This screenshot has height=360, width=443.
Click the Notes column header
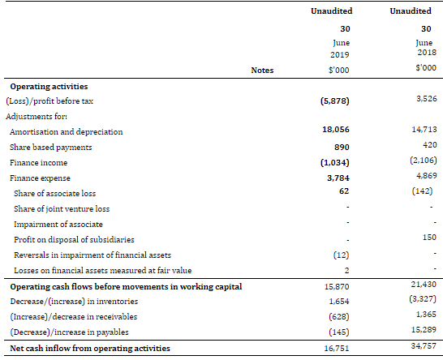[x=262, y=70]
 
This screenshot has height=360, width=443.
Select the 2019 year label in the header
[x=340, y=54]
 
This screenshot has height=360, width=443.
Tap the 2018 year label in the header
[x=427, y=52]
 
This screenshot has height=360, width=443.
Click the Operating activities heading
[x=49, y=87]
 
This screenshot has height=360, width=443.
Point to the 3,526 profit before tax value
[x=427, y=99]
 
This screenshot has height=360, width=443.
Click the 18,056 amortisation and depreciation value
[x=336, y=129]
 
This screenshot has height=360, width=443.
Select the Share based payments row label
[x=51, y=147]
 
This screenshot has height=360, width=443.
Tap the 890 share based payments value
[x=342, y=147]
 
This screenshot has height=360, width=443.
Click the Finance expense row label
[x=40, y=178]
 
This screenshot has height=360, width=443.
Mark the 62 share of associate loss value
[x=344, y=191]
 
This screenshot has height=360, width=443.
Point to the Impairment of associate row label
[x=58, y=224]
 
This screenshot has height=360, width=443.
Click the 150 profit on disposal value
[x=429, y=238]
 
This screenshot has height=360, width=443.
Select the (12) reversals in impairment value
[x=341, y=255]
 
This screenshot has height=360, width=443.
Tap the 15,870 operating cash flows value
[x=337, y=286]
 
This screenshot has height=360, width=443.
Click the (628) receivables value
[x=339, y=316]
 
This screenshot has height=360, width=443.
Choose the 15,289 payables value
[x=424, y=329]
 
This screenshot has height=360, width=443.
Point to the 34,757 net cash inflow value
[x=424, y=345]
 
